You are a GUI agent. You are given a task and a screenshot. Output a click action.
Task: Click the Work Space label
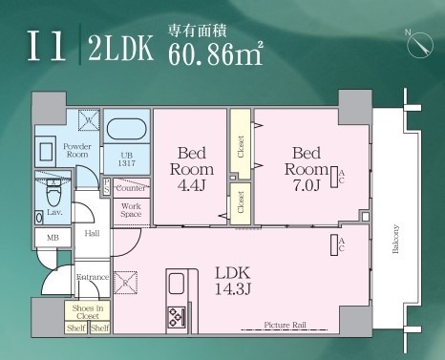click(x=131, y=210)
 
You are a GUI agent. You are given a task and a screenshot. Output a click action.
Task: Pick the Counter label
click(x=131, y=189)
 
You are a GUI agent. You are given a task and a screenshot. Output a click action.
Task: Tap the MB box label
click(x=51, y=239)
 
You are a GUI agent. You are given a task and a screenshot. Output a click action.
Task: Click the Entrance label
click(x=94, y=277)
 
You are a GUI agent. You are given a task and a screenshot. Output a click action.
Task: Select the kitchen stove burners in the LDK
click(x=177, y=317)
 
